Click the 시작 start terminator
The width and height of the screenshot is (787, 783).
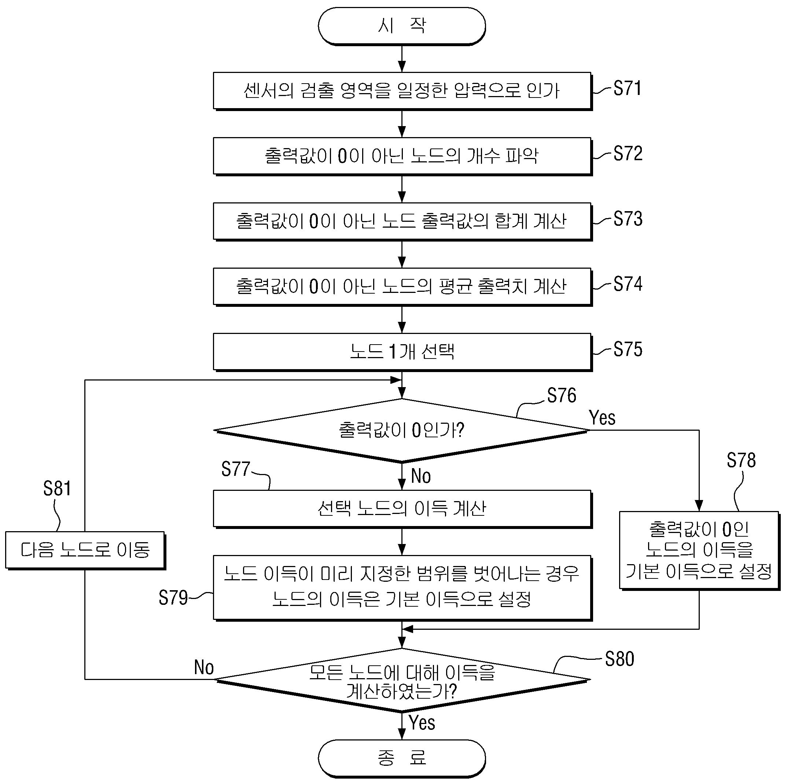coord(402,26)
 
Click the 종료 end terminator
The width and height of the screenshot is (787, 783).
coord(402,757)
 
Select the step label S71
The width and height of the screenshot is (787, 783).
coord(627,88)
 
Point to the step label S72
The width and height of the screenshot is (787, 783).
coord(628,154)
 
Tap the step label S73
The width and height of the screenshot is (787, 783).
coord(628,219)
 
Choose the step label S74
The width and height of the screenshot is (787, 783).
coord(628,284)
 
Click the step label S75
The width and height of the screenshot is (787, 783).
coord(628,349)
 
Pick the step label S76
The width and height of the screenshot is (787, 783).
coord(561,395)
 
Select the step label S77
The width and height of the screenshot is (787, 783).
coord(235,469)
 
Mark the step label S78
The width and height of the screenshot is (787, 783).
coord(741,460)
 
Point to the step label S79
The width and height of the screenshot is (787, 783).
coord(173,598)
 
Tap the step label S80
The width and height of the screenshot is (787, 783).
coord(619,659)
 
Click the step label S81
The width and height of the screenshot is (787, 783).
coord(57,488)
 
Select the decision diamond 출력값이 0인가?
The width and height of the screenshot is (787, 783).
coord(402,431)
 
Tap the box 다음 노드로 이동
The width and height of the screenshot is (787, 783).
coord(85,550)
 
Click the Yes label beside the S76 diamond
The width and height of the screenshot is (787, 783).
coord(602,418)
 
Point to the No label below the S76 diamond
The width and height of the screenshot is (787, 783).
coord(421,476)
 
